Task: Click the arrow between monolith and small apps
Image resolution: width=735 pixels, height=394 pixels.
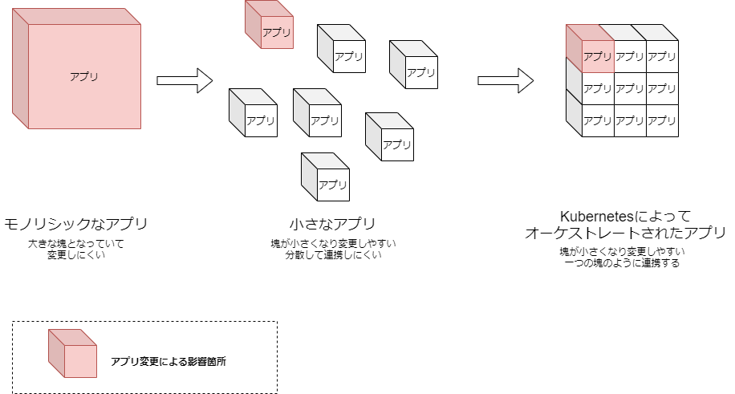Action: pyautogui.click(x=184, y=80)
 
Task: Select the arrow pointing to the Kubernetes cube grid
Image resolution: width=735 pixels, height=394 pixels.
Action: pyautogui.click(x=506, y=80)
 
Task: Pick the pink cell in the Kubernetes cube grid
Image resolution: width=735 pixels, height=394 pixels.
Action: pyautogui.click(x=597, y=56)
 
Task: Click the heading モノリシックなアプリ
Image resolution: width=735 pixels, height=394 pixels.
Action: pyautogui.click(x=76, y=223)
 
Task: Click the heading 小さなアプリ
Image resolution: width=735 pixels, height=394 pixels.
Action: pyautogui.click(x=332, y=223)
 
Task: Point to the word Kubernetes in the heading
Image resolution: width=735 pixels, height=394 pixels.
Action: pyautogui.click(x=596, y=217)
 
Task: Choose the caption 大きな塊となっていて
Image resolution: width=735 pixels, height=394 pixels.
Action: pyautogui.click(x=76, y=243)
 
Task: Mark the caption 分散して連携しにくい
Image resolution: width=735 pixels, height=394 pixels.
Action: pyautogui.click(x=333, y=255)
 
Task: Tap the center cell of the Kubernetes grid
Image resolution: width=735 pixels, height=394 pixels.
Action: pyautogui.click(x=630, y=88)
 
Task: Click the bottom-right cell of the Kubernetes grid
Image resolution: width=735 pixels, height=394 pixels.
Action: pyautogui.click(x=662, y=120)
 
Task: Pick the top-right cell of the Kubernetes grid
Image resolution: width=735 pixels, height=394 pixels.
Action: pyautogui.click(x=662, y=56)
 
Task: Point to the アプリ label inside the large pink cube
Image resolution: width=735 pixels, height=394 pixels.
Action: pyautogui.click(x=84, y=77)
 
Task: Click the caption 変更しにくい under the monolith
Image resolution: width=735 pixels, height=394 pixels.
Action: pyautogui.click(x=76, y=255)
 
